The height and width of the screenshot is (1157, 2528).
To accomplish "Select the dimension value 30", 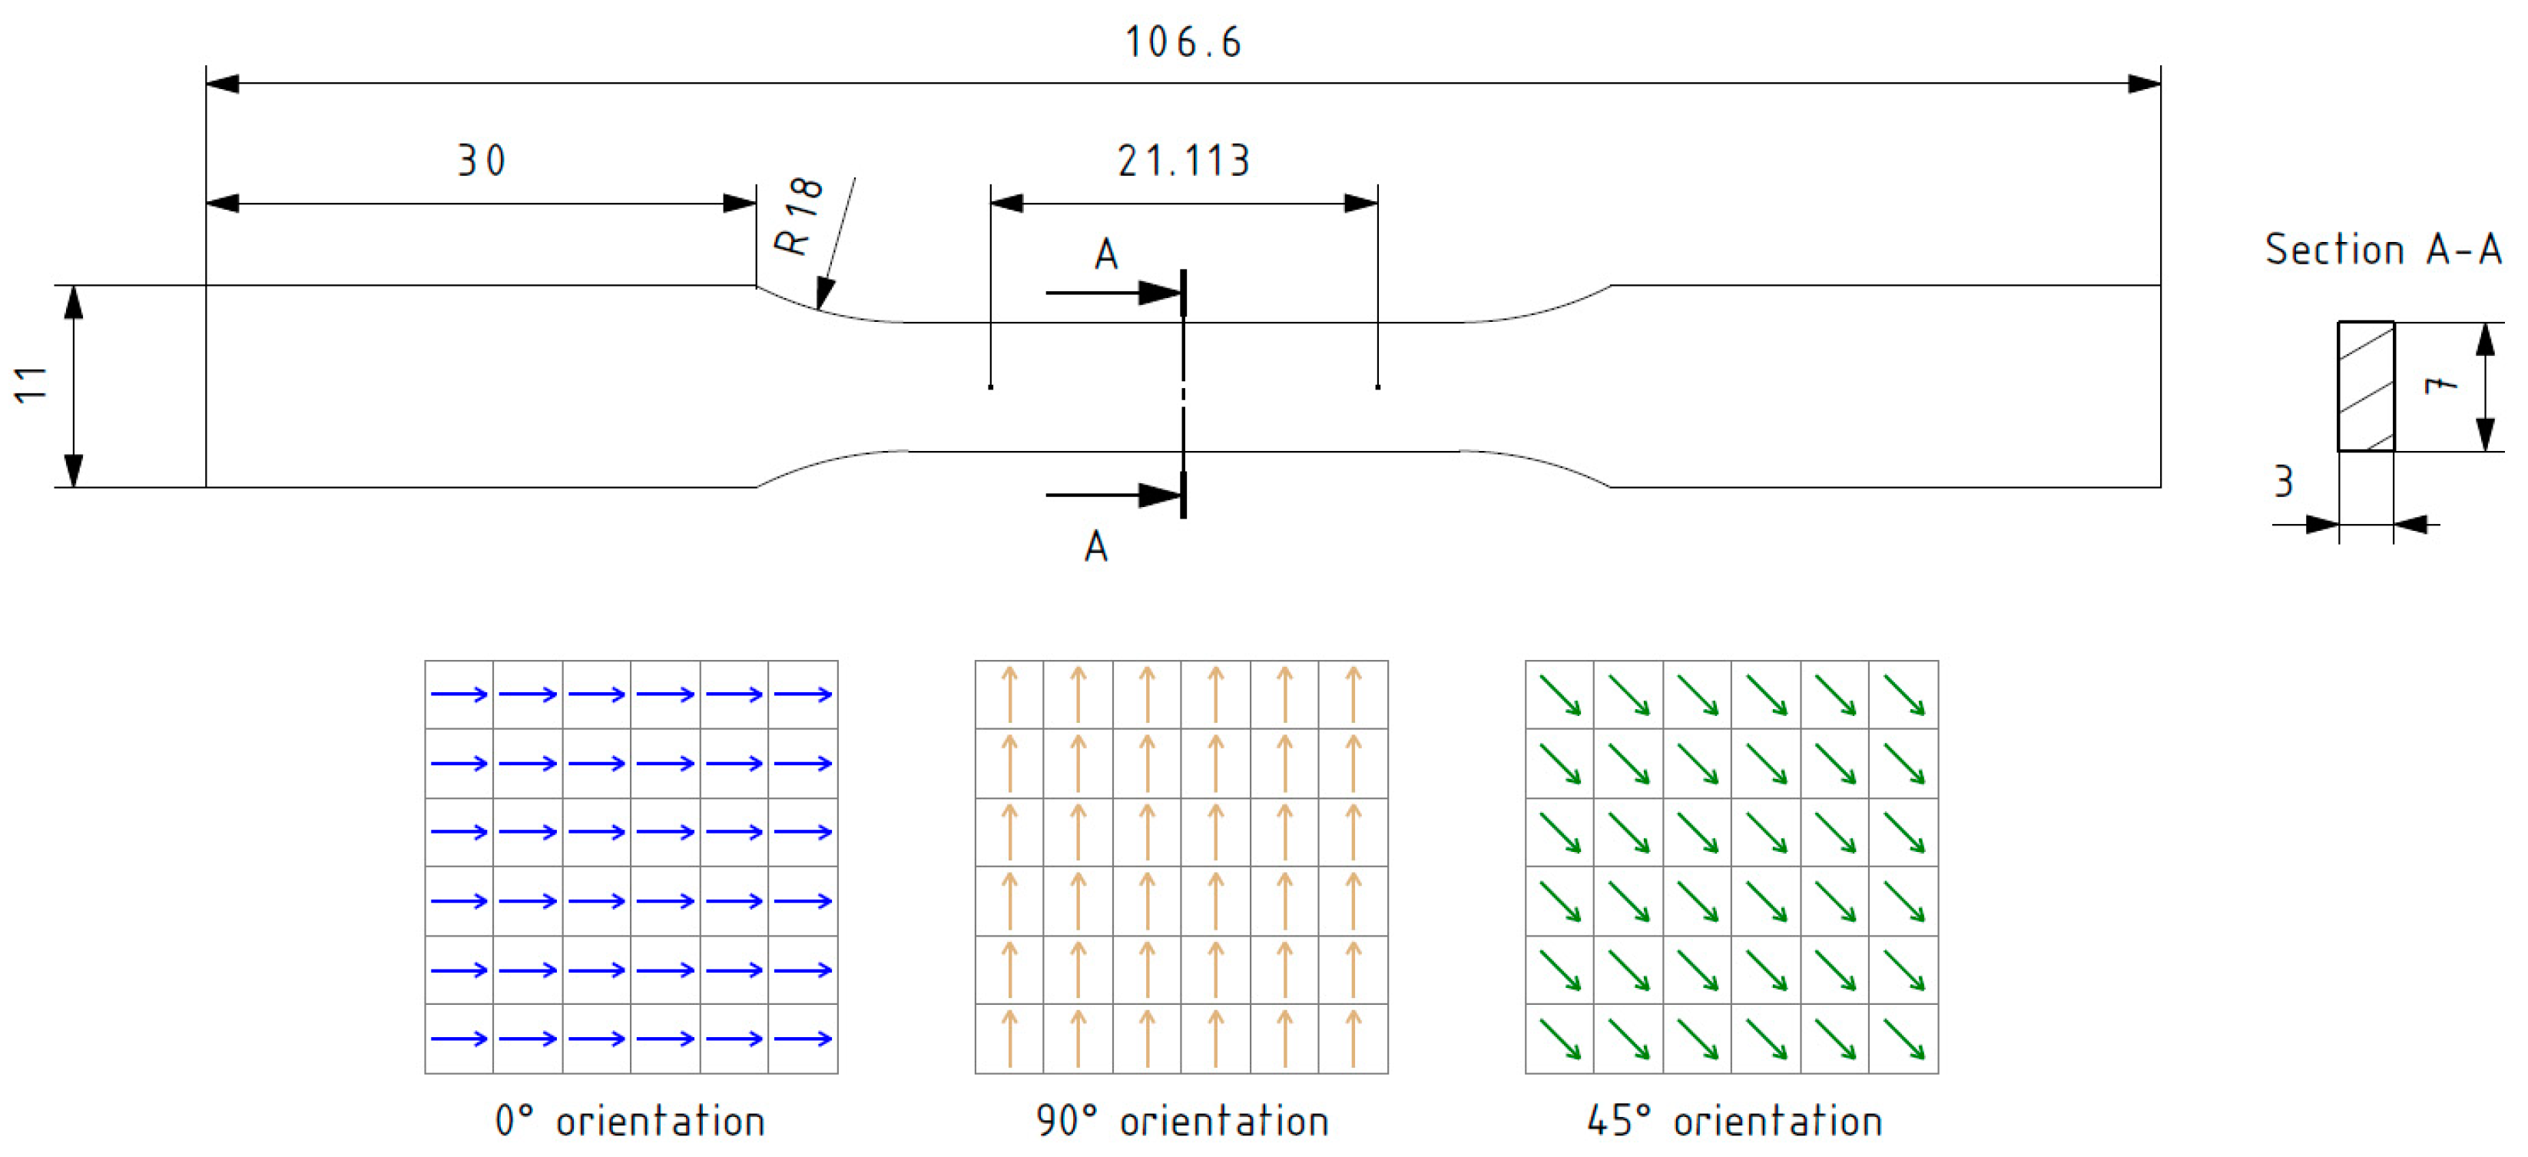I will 481,161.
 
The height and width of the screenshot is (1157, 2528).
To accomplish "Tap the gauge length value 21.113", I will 1184,161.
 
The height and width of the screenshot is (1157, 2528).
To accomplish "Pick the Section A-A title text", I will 2383,249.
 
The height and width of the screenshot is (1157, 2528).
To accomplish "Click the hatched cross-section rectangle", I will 2366,386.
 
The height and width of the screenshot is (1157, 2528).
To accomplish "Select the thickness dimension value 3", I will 2284,482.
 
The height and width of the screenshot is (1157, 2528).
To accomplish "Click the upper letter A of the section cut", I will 1106,255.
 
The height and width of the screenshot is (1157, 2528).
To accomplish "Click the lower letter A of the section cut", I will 1096,546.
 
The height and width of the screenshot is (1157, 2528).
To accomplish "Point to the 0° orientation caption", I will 630,1121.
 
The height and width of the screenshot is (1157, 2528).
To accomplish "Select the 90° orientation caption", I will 1182,1121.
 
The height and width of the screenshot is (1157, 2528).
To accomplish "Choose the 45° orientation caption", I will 1734,1121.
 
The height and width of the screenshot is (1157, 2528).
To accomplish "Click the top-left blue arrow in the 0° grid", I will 459,695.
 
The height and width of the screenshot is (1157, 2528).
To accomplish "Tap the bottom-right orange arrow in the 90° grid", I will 1353,1038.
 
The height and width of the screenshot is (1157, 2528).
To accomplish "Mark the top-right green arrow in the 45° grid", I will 1903,695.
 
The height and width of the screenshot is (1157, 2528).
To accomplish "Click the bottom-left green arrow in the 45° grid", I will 1559,1038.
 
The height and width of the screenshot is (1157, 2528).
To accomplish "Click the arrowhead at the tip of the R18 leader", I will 824,294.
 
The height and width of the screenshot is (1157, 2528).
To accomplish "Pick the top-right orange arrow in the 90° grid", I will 1353,695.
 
